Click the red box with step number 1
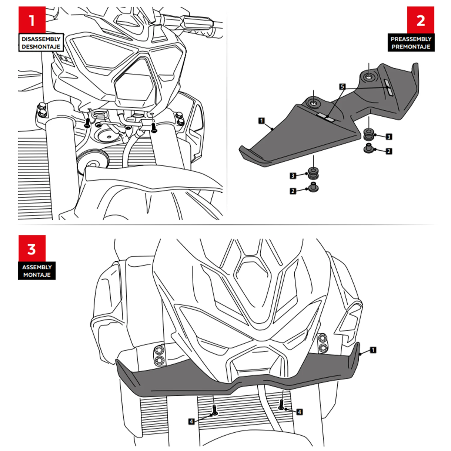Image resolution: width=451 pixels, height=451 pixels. coord(32,20)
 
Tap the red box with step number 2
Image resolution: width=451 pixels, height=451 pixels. coord(420,20)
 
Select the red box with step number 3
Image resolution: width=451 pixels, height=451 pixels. coord(32,248)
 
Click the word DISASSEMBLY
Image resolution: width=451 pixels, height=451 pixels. coord(41,39)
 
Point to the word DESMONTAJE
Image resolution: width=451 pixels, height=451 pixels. coord(41,47)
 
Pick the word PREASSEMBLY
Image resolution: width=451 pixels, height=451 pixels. coord(411,39)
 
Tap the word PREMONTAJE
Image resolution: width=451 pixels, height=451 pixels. coord(411,47)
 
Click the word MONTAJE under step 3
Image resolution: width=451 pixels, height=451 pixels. coord(37,275)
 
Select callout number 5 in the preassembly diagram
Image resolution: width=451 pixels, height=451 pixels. coord(342,87)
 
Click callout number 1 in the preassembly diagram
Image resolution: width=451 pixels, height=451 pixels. coord(262,121)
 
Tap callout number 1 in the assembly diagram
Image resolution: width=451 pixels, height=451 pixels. coord(373,350)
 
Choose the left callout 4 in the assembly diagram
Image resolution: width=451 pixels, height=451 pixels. coord(192,421)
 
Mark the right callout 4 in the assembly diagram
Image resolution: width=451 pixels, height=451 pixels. coord(299,412)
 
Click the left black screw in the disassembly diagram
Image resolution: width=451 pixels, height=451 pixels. coord(87,122)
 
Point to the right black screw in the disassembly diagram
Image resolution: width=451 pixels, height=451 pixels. coord(154,127)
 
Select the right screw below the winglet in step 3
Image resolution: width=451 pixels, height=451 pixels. coord(281,404)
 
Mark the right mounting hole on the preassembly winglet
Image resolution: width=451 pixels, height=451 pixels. coord(369,77)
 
